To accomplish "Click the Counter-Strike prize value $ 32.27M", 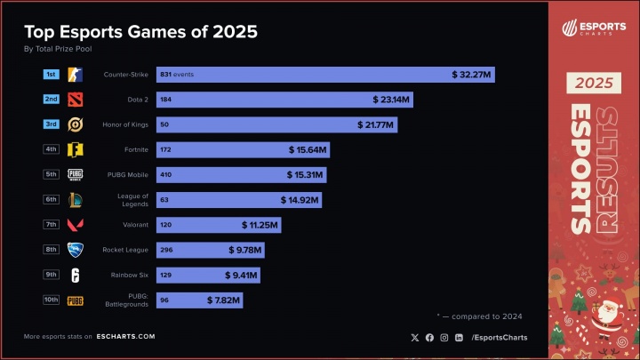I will click(471, 75).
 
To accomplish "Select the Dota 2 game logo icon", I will click(76, 100).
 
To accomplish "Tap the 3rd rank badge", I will click(52, 124).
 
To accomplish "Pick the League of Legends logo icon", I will click(76, 200).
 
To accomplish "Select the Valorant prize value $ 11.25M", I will click(257, 226).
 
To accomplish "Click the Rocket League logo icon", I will click(76, 251).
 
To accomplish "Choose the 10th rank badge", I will click(52, 300).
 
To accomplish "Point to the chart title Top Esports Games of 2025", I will click(140, 33).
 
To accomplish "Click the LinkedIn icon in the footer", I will click(458, 337).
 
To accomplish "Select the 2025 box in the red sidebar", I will click(594, 84).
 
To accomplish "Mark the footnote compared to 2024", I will click(480, 316).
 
